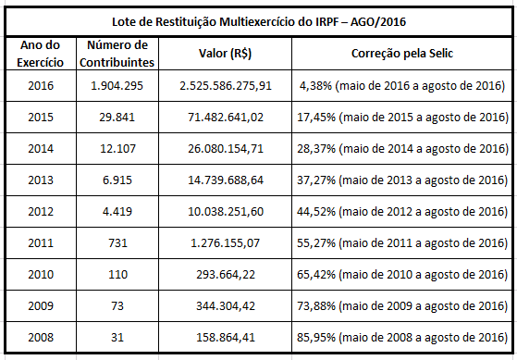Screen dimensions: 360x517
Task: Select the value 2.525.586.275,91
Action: (226, 86)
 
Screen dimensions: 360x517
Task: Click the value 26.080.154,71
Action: (226, 149)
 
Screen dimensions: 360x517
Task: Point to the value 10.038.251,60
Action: (226, 212)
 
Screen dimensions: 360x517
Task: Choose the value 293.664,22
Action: (226, 275)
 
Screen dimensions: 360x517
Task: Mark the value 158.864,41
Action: (226, 338)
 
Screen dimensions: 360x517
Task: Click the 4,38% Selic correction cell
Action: (403, 86)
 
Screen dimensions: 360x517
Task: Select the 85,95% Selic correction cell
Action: (403, 338)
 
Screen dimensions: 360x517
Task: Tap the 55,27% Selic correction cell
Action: (403, 243)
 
